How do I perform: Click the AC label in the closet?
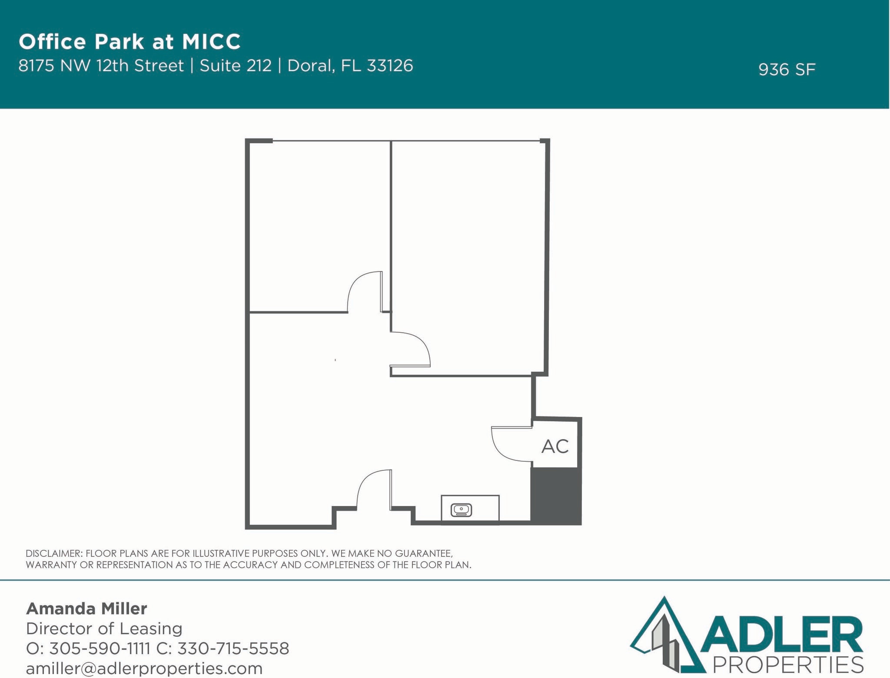click(555, 446)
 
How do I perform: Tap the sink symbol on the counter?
click(462, 510)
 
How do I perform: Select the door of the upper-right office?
click(411, 350)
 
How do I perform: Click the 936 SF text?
click(787, 69)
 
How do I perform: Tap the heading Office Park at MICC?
click(130, 42)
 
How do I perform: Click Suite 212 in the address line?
click(236, 66)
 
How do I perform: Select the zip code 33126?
click(390, 66)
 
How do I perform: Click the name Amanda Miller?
click(86, 609)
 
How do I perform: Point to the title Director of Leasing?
click(104, 628)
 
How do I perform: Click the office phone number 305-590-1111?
click(100, 648)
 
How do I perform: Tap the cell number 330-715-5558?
click(233, 648)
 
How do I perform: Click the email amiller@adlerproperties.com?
click(144, 668)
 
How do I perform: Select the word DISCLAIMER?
click(53, 553)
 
